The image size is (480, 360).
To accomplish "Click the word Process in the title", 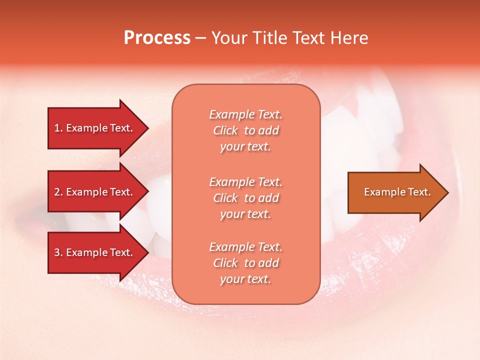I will click(x=157, y=38).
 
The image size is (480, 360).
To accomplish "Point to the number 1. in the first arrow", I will click(x=58, y=128).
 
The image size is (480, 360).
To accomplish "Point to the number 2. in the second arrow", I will click(x=58, y=192).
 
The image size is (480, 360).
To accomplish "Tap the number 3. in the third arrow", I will click(x=58, y=252).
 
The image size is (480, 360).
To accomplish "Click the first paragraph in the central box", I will click(x=245, y=130).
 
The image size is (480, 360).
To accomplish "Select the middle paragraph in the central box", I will click(x=245, y=198).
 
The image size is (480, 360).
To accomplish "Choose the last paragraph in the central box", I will click(x=245, y=263).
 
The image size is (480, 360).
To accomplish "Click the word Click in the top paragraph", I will click(x=225, y=130).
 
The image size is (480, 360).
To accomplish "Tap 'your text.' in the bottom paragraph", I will click(x=245, y=279).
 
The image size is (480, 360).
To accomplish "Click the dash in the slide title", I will click(x=200, y=38).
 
